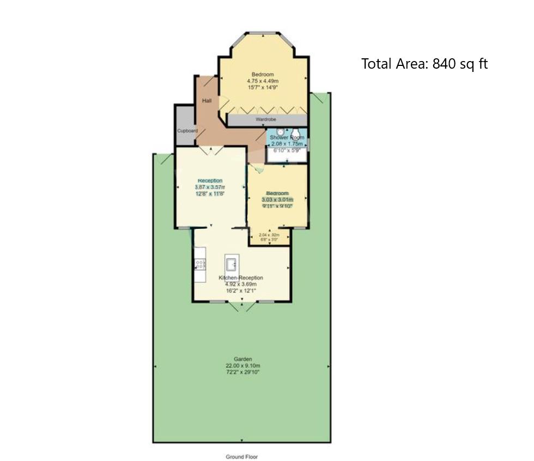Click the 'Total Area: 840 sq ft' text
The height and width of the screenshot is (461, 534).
424,64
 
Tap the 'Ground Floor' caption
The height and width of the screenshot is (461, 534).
241,457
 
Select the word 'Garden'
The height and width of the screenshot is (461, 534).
242,359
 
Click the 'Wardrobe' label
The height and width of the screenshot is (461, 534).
266,119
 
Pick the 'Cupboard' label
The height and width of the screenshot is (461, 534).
187,131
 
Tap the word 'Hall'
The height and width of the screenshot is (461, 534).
207,101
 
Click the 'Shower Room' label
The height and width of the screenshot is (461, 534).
287,138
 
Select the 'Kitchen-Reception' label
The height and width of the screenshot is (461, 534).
241,278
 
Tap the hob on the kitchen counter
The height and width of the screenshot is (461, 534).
200,264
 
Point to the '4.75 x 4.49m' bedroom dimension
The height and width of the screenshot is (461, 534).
263,81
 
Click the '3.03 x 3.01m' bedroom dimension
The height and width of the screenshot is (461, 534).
277,200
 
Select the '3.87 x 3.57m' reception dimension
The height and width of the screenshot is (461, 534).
210,187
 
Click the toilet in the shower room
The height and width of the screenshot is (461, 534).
296,133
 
